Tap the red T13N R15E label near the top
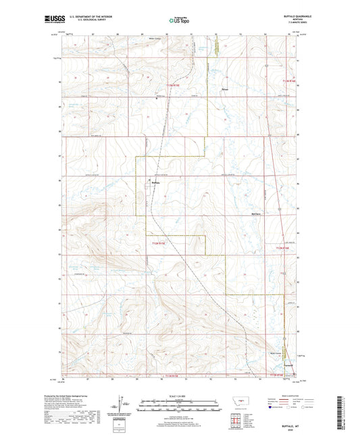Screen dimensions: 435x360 coord(175,84)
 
